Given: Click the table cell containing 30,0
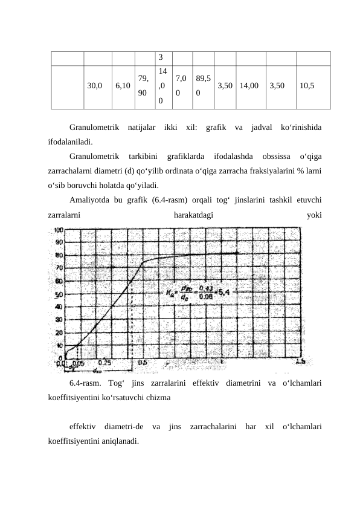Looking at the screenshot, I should point(95,86).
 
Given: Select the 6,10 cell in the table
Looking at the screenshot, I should point(122,86).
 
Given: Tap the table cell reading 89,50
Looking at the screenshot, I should point(203,86).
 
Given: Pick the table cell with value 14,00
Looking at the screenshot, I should point(249,86).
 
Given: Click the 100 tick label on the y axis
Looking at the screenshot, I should point(58,230).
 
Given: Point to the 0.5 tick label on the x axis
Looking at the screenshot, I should point(143,363).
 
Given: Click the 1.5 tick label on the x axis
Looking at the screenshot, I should point(300,363).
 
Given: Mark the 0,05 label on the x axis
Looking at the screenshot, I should point(78,363).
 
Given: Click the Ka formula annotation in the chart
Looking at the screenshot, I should point(197,294).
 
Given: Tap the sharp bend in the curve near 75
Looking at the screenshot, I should point(143,262).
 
